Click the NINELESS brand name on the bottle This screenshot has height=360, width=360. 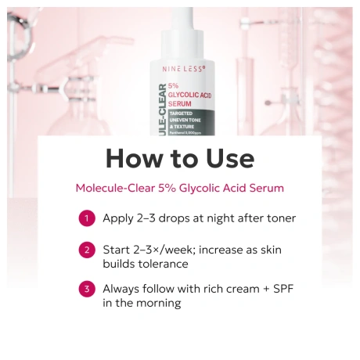(184, 69)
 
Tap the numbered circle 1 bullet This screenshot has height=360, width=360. (87, 218)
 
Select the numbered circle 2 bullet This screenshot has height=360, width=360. (87, 250)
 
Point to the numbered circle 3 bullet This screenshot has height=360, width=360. (87, 290)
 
